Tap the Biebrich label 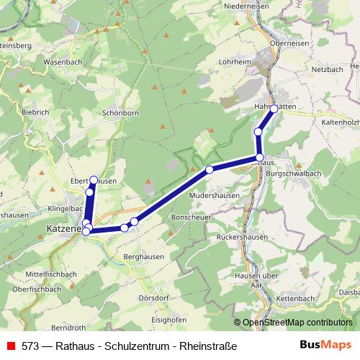click(x=35, y=113)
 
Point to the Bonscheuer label click(x=190, y=216)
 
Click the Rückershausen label click(x=241, y=237)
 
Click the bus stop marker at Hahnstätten click(x=274, y=109)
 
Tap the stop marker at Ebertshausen click(x=94, y=179)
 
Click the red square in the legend click(x=10, y=345)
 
